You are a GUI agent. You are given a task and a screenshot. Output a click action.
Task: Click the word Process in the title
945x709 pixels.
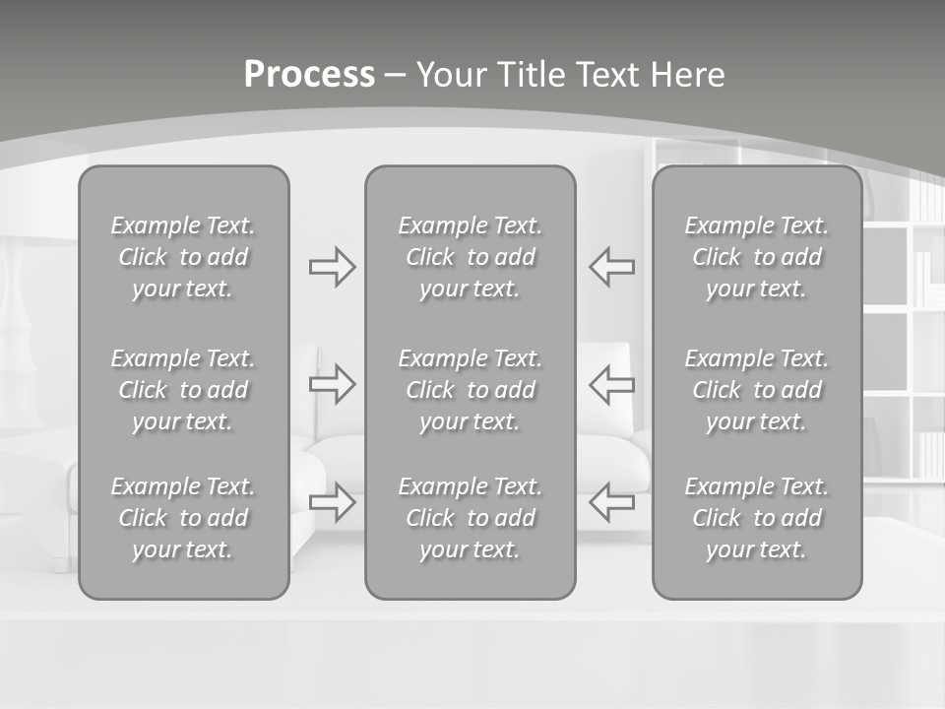[309, 75]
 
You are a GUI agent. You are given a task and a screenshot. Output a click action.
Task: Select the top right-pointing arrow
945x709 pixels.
[333, 267]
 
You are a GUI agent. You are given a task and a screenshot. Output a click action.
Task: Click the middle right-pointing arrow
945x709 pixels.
[333, 384]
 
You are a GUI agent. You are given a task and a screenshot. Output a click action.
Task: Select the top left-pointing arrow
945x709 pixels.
[612, 267]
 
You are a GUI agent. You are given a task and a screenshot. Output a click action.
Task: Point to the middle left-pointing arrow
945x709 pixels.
[612, 384]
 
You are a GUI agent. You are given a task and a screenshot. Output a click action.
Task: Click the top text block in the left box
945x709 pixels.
[183, 257]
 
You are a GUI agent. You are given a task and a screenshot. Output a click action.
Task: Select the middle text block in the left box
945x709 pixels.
[183, 390]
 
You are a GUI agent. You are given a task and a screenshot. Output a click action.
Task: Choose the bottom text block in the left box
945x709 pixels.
[183, 518]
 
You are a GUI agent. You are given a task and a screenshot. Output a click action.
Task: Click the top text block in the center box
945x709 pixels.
[471, 257]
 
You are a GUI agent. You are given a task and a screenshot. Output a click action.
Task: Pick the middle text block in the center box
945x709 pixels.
[471, 390]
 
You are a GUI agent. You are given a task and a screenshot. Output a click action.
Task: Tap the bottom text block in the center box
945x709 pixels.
[471, 518]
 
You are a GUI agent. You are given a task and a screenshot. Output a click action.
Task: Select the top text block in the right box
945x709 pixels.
[757, 257]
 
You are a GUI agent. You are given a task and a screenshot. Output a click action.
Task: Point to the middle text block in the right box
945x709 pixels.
[757, 390]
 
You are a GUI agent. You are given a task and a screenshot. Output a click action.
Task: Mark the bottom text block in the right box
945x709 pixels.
[757, 518]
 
